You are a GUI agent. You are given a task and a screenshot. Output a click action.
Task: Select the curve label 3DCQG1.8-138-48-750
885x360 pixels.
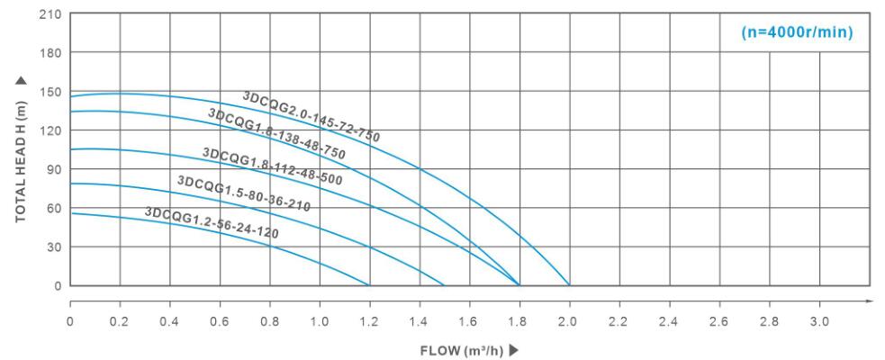(x=276, y=134)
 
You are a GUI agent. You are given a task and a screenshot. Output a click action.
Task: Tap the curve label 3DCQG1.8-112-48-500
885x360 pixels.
(x=272, y=166)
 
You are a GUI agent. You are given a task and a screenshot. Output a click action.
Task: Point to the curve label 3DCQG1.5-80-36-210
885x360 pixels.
(x=244, y=193)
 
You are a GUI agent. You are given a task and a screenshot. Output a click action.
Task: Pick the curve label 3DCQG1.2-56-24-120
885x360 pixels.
(x=212, y=222)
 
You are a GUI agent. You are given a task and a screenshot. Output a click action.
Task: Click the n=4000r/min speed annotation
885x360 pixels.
(x=796, y=32)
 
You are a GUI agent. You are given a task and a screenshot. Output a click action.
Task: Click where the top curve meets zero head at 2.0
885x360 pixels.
(x=569, y=285)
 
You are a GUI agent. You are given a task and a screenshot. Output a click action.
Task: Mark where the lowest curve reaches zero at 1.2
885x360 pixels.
(x=369, y=285)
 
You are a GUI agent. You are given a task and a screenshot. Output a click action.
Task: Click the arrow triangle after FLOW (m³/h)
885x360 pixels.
(x=515, y=349)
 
